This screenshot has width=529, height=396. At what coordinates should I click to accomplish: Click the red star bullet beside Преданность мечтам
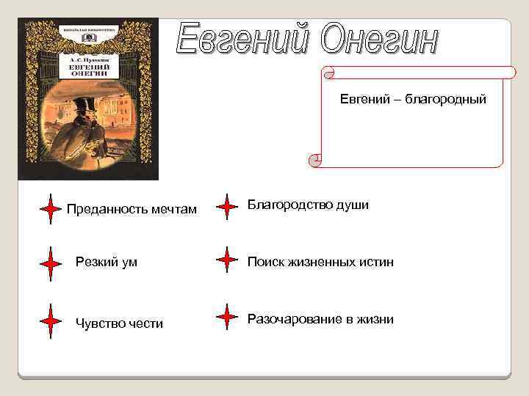50,209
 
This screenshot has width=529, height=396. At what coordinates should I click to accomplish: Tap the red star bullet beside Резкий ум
50,263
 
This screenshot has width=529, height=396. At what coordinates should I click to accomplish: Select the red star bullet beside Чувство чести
50,321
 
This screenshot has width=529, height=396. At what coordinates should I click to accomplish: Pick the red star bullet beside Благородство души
227,207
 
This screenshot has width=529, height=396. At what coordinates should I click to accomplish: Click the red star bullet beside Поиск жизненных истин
227,260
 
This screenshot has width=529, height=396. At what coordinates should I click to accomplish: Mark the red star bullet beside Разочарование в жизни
227,318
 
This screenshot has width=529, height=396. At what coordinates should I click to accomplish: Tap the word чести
145,323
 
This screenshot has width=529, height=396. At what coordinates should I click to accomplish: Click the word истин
376,262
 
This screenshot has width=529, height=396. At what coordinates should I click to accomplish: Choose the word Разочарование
291,319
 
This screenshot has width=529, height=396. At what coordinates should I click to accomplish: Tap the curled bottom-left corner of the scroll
315,160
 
